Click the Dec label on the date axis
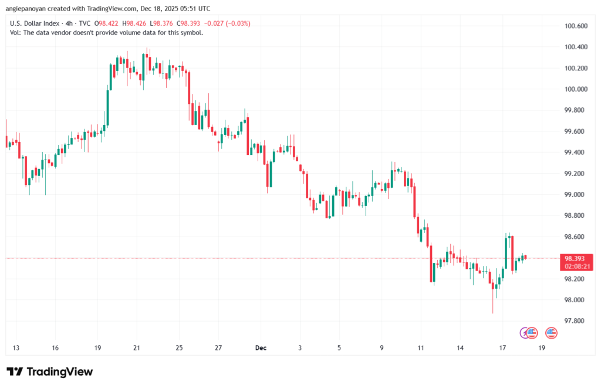click(261, 347)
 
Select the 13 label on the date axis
click(16, 347)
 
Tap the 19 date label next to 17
click(541, 347)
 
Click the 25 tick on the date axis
click(179, 347)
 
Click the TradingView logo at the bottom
click(49, 372)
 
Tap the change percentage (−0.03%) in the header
click(237, 23)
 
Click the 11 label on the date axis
click(420, 347)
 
